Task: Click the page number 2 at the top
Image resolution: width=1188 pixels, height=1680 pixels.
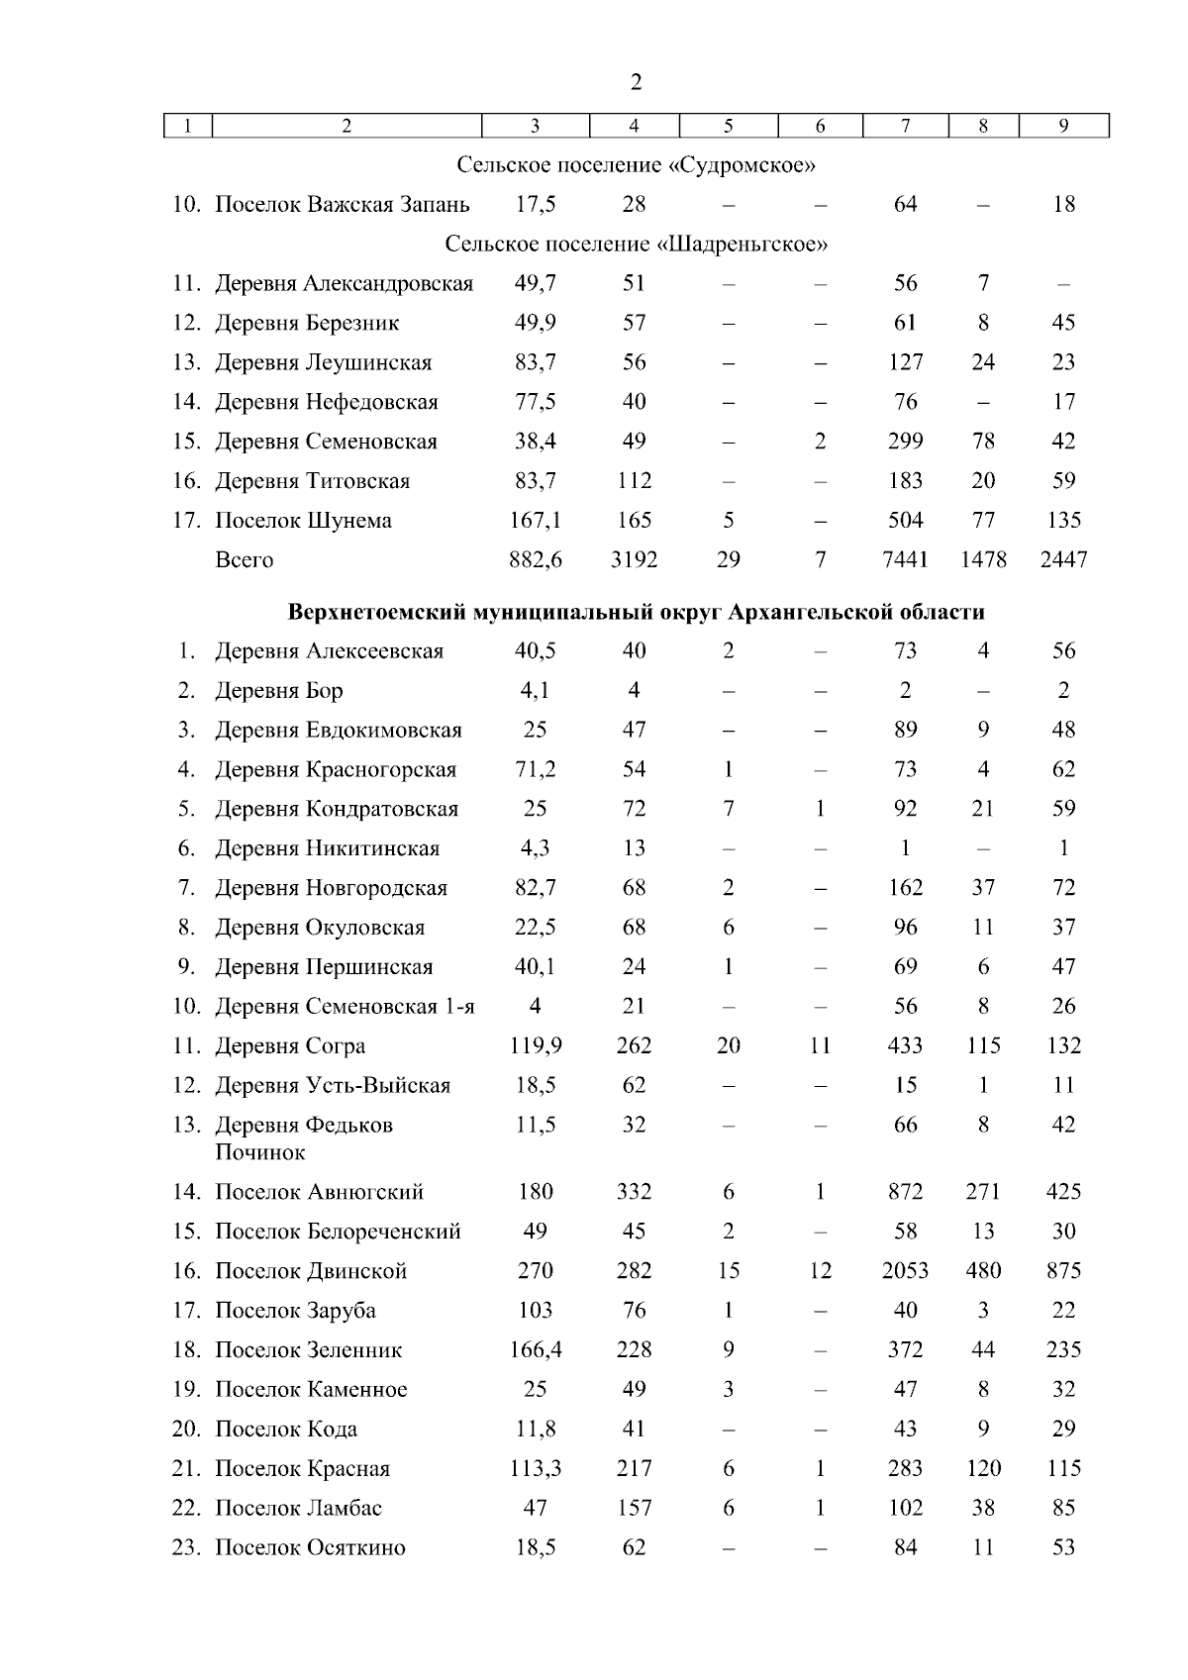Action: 636,82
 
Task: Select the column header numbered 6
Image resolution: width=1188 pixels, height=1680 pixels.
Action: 820,126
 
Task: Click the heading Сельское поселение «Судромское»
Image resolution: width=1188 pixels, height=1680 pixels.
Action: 636,164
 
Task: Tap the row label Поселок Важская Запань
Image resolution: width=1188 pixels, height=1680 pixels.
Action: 343,205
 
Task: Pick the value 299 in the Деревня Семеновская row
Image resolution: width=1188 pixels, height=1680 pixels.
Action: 905,442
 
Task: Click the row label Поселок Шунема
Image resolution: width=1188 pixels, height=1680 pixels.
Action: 303,521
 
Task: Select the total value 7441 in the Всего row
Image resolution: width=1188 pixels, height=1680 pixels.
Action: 905,560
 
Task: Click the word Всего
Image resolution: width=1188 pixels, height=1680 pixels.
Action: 244,560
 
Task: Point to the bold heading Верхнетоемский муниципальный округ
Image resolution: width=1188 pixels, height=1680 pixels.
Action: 636,612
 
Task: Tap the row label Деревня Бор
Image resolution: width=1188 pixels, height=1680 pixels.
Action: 279,691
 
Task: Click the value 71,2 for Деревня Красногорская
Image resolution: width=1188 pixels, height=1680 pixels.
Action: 535,770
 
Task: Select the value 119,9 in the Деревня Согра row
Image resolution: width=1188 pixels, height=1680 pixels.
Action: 535,1046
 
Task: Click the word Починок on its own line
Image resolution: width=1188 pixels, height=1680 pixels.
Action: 259,1152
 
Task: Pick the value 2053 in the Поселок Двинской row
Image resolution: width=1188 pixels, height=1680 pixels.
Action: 905,1271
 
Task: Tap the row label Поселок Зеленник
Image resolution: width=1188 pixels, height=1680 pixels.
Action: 309,1350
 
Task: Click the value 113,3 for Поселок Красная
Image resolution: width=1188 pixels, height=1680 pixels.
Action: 535,1469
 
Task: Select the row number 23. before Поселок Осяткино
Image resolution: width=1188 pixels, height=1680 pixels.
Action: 186,1548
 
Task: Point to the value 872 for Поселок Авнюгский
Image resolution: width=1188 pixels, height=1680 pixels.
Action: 905,1192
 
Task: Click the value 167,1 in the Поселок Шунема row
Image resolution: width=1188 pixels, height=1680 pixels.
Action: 535,521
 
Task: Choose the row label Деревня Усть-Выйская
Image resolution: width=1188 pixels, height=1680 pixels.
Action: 333,1086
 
